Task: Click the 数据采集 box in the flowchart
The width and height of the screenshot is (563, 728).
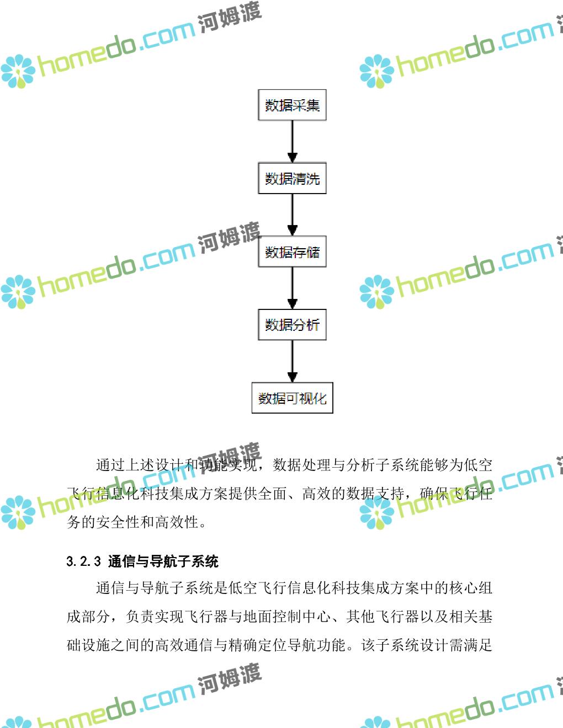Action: [292, 105]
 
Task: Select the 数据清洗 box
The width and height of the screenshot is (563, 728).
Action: [292, 178]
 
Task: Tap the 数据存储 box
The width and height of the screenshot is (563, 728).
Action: [292, 252]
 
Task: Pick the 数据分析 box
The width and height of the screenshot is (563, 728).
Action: [292, 325]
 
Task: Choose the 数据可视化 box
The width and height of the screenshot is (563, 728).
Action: [292, 398]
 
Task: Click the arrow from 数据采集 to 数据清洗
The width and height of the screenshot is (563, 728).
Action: [293, 141]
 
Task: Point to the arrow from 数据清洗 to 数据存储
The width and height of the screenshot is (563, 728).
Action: [293, 215]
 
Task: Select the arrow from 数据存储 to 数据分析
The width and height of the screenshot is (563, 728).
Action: [293, 288]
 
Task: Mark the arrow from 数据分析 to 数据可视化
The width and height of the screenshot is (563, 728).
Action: [293, 361]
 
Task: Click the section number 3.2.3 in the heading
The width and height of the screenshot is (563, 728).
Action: [83, 561]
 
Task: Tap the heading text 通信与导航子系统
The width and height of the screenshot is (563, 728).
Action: [163, 561]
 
